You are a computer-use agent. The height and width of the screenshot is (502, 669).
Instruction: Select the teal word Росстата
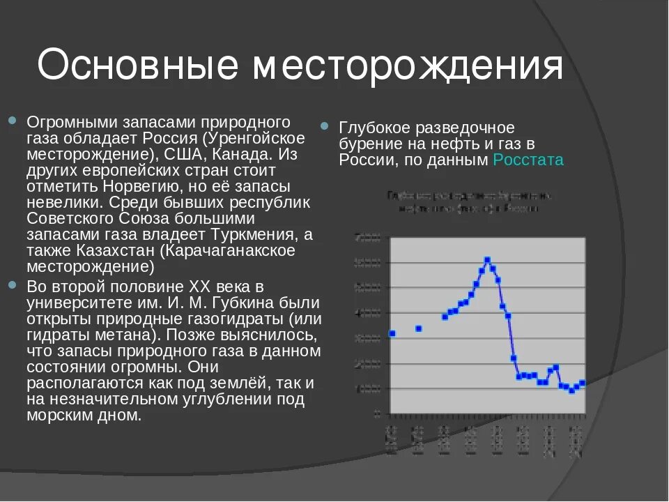[x=528, y=160]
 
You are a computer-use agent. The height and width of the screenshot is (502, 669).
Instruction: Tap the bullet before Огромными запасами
[x=12, y=122]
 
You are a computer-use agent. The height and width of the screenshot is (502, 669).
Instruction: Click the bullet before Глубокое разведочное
[x=325, y=128]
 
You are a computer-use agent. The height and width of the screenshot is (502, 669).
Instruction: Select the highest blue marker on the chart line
[x=487, y=260]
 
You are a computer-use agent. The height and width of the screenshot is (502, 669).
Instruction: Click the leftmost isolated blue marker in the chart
[x=392, y=333]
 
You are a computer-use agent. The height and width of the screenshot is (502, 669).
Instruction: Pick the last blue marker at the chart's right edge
[x=583, y=383]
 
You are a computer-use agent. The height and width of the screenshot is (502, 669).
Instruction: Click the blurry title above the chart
[x=468, y=201]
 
